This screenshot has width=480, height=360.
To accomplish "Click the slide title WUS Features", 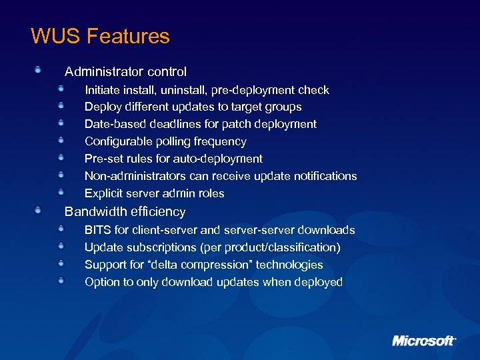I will pos(100,36).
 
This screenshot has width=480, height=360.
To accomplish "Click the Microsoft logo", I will pos(423,341).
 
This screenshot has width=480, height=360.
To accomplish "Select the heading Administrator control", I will pos(125,71).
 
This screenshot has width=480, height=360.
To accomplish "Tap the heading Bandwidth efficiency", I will pos(125,211).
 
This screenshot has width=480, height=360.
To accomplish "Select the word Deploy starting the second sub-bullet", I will pos(103,107).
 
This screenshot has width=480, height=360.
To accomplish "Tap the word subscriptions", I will pos(163,247).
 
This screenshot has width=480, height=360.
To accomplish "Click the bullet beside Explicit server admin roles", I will pos(61,192).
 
